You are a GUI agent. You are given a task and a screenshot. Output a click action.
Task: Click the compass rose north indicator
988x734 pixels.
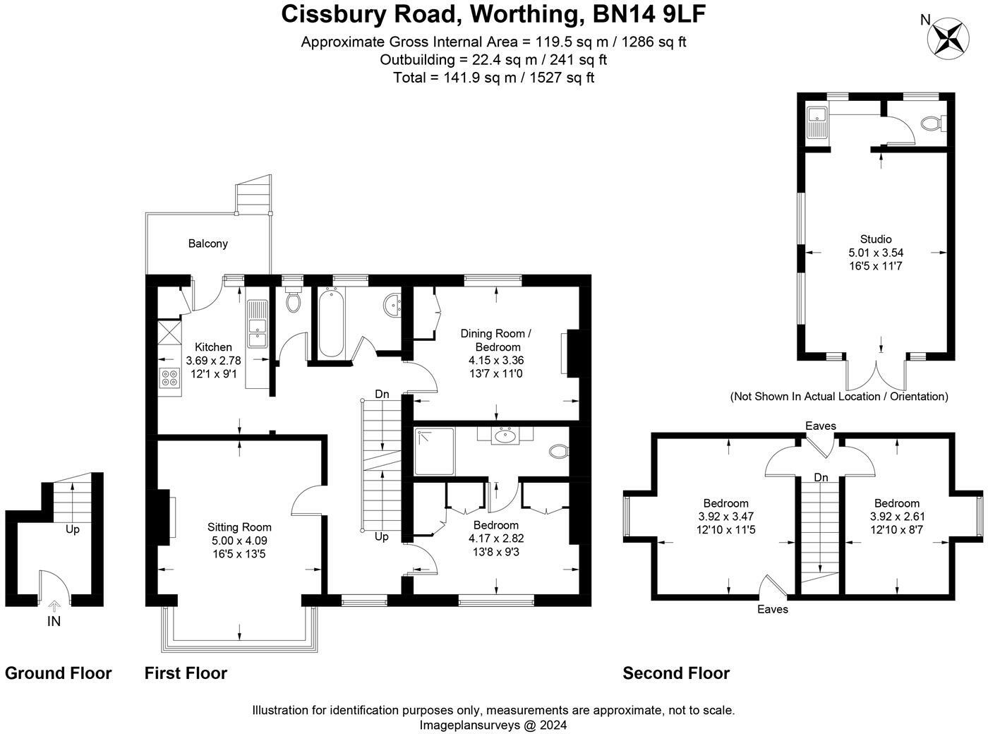tap(950, 36)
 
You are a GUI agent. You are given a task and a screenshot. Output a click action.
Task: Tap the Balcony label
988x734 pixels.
tap(207, 243)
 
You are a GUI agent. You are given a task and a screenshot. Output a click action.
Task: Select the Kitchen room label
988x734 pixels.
tap(213, 347)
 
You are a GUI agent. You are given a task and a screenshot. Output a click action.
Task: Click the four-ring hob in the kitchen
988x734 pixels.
tap(169, 378)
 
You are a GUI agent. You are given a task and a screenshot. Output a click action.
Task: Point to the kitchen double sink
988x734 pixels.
tap(257, 326)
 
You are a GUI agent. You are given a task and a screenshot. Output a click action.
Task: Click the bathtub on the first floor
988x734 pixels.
tap(330, 324)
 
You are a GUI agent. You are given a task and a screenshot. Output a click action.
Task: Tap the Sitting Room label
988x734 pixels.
tap(239, 527)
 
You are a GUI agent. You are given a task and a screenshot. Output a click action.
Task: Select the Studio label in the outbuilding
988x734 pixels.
tap(876, 239)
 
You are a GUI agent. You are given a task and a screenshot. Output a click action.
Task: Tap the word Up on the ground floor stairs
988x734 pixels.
tap(73, 529)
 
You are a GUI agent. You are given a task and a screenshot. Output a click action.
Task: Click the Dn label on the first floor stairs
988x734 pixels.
tap(382, 394)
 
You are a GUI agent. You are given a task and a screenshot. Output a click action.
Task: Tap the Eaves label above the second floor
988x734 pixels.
tap(821, 426)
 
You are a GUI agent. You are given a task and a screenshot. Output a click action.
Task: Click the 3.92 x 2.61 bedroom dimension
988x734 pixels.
tap(896, 516)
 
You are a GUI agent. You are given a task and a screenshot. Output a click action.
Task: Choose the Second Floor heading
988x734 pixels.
tap(675, 673)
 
